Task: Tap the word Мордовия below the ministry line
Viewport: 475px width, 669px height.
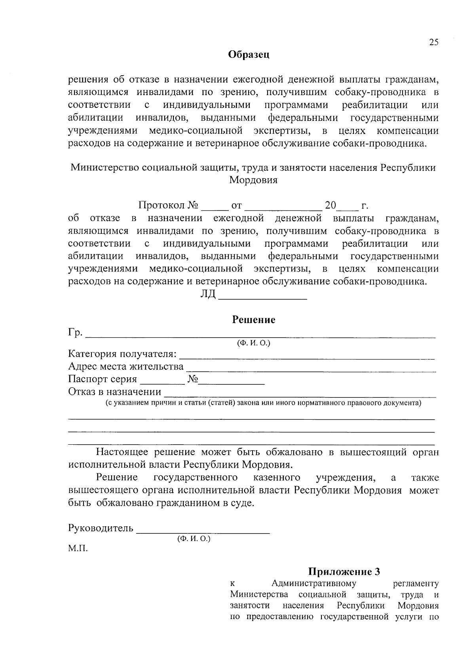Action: click(253, 180)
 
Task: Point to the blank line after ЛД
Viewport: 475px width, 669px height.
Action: click(263, 296)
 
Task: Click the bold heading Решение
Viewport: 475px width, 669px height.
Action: click(253, 320)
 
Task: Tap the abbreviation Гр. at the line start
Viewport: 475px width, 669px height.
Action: click(75, 333)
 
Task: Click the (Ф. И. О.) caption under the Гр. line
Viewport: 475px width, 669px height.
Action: click(253, 343)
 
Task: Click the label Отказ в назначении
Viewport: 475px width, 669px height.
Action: click(115, 392)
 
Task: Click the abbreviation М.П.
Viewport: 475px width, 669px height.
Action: click(78, 549)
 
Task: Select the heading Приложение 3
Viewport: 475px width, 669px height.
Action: click(344, 572)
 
